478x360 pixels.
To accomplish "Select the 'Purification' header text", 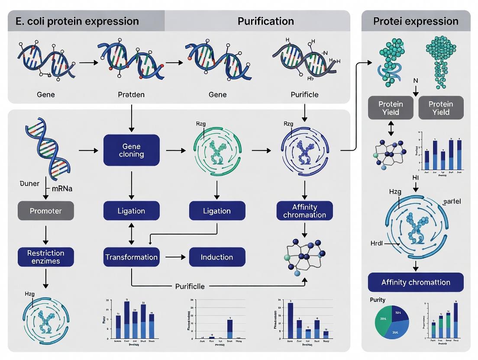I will click(x=265, y=21).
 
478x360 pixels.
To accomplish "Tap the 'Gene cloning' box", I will click(x=131, y=150).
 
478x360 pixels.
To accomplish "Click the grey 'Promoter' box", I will click(x=45, y=211).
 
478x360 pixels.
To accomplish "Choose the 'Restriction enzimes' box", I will click(x=45, y=257).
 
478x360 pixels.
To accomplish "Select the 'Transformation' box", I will click(x=131, y=257).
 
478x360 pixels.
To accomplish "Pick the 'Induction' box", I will click(x=217, y=257).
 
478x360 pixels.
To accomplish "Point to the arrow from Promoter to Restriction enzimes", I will click(x=45, y=234).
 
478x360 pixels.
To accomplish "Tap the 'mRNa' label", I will click(x=61, y=188).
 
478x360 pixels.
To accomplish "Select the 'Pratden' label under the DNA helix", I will click(x=131, y=94).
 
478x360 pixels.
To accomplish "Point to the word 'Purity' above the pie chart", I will click(x=378, y=299).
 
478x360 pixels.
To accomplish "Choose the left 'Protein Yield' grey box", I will click(x=391, y=108).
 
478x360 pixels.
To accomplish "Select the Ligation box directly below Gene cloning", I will click(x=131, y=211).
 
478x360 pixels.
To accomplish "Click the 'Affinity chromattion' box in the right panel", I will click(x=415, y=282).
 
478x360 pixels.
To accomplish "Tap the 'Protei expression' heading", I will click(x=416, y=21).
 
